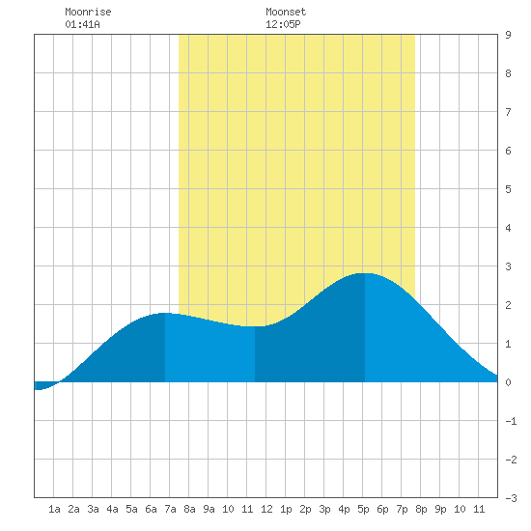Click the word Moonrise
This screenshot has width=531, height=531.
coord(88,12)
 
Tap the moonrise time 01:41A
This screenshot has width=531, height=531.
coord(82,24)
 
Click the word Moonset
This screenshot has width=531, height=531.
coord(286,12)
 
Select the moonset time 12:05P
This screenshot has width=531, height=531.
coord(283,24)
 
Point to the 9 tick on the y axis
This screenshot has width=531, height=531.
coord(508,35)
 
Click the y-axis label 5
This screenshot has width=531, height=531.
coord(508,189)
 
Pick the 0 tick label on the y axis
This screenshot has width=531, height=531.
coord(508,382)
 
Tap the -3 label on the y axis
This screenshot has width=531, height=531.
coord(511,498)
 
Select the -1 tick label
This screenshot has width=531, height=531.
coord(511,421)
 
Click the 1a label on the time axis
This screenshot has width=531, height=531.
coord(54,509)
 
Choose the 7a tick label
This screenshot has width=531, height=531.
coord(170,509)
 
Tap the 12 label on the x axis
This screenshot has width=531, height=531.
coord(266,509)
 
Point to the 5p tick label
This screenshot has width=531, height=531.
coord(363,509)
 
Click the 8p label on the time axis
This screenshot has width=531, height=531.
coord(421,509)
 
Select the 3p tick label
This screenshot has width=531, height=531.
coord(324,509)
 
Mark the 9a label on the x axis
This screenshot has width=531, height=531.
coord(209,509)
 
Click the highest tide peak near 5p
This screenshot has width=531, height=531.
coord(365,273)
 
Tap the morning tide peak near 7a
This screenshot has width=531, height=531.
coord(164,313)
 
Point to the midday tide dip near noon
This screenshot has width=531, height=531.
coord(255,326)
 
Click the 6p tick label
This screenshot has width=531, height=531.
coord(382,509)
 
